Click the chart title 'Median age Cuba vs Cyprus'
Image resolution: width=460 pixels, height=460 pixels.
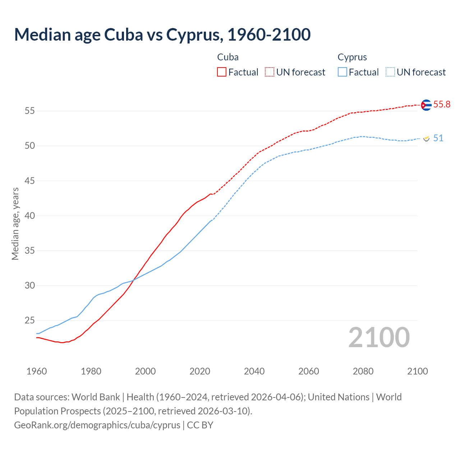(162, 35)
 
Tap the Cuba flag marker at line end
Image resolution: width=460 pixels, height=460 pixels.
(426, 105)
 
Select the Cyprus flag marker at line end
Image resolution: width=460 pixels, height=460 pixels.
(426, 138)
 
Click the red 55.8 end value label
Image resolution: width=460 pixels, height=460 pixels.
(442, 105)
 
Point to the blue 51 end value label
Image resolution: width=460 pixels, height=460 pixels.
(438, 138)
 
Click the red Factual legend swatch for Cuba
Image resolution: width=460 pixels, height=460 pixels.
(222, 72)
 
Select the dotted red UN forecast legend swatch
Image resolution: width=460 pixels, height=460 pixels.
(270, 72)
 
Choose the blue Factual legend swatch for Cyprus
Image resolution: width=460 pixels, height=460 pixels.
(342, 72)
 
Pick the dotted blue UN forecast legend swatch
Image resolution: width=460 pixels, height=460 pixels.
(390, 72)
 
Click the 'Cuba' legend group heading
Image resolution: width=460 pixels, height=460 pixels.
(228, 57)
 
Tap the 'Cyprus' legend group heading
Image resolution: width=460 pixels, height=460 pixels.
(352, 57)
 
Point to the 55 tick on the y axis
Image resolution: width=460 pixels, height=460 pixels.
(30, 111)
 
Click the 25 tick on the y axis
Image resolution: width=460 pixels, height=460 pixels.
(30, 320)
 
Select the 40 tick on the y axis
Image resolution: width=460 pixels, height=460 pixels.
(30, 216)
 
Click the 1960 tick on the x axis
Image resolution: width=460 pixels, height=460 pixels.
(37, 371)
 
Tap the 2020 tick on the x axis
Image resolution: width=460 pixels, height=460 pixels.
(200, 371)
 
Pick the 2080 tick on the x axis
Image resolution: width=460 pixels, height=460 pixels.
(363, 371)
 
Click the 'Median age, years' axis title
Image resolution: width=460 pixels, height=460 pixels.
(15, 224)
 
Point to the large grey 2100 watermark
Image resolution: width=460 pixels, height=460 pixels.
(379, 337)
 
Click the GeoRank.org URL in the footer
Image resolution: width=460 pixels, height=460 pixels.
(97, 425)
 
